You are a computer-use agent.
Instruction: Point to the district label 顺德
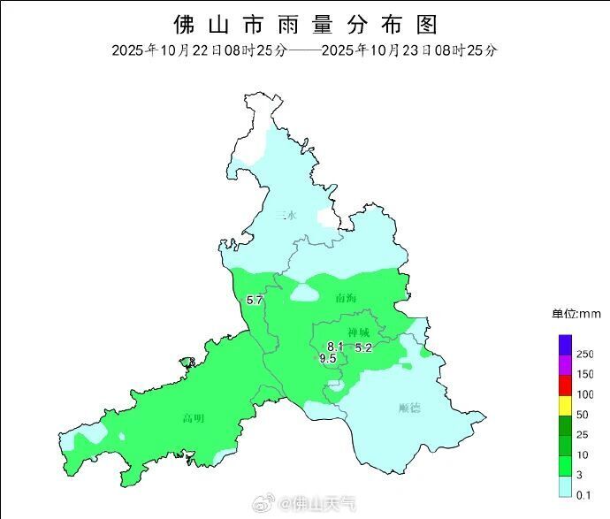pos(409,408)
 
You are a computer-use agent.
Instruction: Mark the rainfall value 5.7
pos(255,301)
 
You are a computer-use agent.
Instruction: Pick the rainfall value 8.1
pos(335,346)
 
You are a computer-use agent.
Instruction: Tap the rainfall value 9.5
pos(327,358)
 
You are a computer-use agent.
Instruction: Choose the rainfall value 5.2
pos(363,348)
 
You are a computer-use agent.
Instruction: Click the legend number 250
pos(585,354)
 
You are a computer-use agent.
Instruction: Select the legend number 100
pos(585,394)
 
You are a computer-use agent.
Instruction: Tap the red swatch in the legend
pos(565,385)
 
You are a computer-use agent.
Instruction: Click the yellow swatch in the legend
pos(565,405)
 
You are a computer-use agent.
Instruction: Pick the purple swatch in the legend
pos(565,364)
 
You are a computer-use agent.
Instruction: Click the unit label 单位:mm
pos(576,314)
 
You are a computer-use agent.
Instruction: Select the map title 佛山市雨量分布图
pos(305,24)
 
